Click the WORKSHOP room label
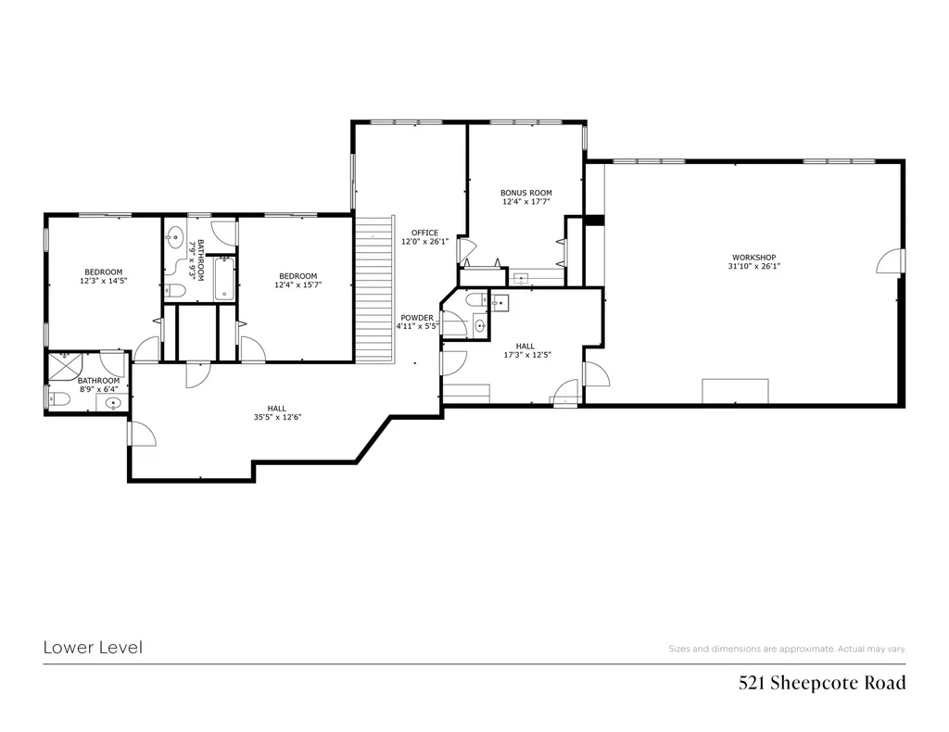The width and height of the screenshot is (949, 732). point(753,257)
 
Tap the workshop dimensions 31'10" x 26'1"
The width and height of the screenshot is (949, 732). point(753,266)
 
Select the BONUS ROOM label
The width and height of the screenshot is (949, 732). point(526,193)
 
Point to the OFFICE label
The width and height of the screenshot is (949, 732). point(424,233)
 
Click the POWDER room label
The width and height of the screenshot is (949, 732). point(417,318)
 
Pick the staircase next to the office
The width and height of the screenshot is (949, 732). point(374,289)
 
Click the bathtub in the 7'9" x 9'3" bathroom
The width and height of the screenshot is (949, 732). point(224,278)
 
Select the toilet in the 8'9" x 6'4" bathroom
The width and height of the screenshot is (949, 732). point(58,398)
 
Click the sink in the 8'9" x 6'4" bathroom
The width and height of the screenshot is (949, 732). point(113,403)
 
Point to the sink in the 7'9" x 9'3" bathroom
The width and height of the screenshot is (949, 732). point(175,238)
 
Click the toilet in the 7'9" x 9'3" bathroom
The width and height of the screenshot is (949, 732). point(174,292)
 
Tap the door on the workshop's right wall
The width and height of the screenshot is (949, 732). point(891,261)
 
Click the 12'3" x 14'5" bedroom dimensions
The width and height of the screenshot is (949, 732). point(104,281)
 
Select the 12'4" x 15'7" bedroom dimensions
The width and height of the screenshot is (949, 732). point(297,284)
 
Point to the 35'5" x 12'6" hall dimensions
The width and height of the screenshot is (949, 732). point(277,417)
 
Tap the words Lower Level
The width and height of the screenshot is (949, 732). point(94,648)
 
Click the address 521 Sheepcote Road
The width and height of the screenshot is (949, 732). point(822,683)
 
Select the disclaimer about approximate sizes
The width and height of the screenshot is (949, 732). point(787,650)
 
